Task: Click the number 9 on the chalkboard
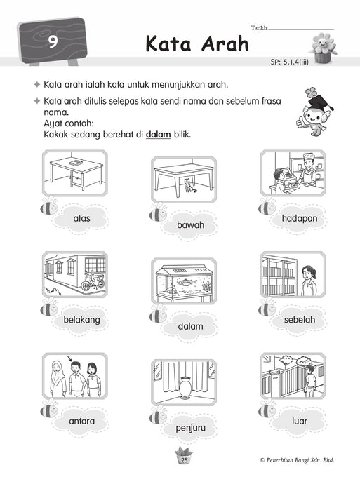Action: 53,42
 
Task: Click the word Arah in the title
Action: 225,43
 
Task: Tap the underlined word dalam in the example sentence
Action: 158,135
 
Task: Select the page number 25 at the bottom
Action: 185,460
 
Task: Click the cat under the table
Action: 189,185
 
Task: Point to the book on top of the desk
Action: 76,163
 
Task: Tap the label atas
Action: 81,218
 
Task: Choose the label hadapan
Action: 300,218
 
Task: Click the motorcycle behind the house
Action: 93,281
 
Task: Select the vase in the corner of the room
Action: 185,387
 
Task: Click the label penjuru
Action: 190,428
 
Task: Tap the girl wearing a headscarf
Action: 58,379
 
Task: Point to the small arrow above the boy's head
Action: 70,358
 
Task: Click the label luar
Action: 300,421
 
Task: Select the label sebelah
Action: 300,320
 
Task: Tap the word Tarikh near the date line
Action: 259,28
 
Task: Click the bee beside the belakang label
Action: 49,307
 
